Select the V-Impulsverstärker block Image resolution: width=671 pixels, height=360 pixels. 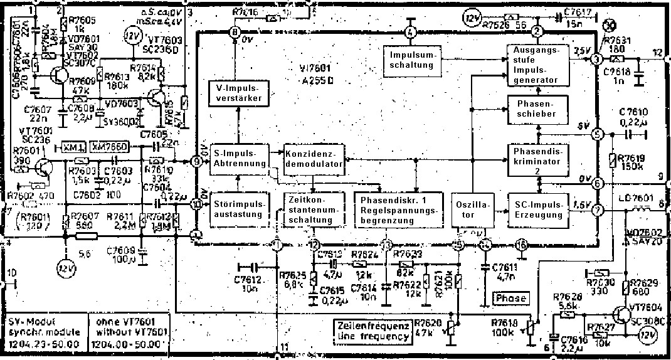237,93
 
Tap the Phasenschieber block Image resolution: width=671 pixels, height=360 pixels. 538,109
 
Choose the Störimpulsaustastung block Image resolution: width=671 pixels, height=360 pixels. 236,209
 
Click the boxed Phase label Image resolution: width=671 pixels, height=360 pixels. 511,298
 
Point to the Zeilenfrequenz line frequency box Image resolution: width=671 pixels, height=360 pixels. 372,332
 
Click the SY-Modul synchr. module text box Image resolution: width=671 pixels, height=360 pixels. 42,330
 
